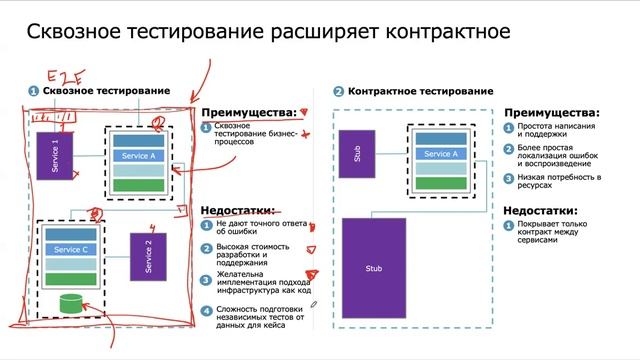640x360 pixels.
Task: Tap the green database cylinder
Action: (x=70, y=301)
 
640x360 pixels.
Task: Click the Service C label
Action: (x=70, y=249)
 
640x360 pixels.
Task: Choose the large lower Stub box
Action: (x=373, y=268)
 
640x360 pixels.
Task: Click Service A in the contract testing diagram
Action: (x=441, y=154)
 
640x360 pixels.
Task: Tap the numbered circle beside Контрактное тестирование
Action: (x=339, y=91)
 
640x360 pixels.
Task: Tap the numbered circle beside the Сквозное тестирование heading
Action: (x=34, y=91)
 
